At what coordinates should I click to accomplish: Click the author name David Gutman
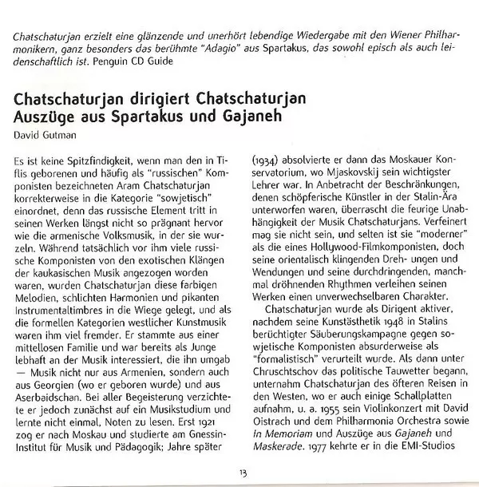tap(46, 133)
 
